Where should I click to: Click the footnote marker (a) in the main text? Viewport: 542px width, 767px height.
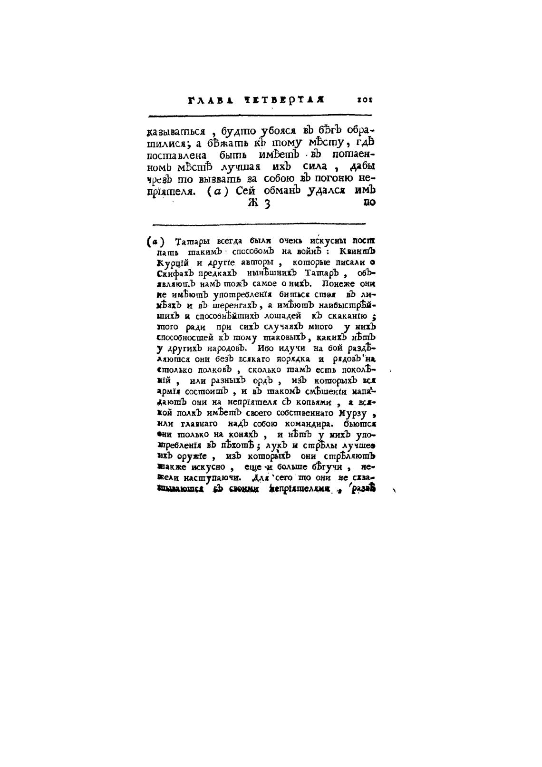(x=218, y=191)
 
